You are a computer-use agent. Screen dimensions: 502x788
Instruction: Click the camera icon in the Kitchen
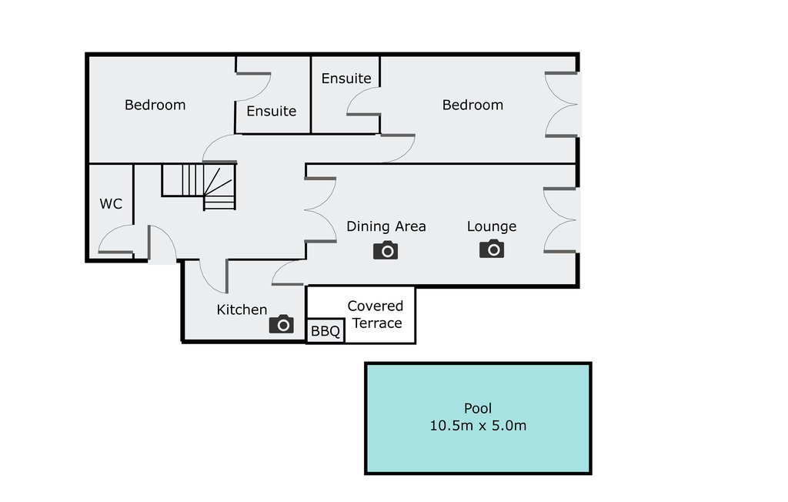coord(282,324)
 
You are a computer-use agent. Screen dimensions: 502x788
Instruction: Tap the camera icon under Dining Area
coord(386,250)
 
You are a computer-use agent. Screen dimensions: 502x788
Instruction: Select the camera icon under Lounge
coord(492,249)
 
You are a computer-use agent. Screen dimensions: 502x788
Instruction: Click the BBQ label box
coord(326,332)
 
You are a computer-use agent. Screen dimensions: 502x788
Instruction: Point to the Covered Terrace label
coord(376,314)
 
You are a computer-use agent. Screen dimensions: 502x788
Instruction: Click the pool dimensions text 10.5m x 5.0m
coord(478,425)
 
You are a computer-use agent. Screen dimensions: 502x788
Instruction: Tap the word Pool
coord(478,408)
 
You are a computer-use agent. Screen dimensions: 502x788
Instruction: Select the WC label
coord(111,204)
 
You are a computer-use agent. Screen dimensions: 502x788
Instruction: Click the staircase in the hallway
coord(199,186)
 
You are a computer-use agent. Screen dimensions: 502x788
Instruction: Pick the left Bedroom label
coord(155,105)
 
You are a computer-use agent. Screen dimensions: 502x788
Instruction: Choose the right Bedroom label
coord(472,105)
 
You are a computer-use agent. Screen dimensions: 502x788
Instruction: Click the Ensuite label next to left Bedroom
coord(271,111)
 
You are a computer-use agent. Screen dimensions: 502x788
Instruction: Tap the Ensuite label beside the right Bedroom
coord(346,79)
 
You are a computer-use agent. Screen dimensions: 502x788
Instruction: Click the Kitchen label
coord(242,310)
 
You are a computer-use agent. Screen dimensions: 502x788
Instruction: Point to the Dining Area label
coord(386,226)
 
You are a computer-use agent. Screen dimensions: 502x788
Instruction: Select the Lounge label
coord(492,226)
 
